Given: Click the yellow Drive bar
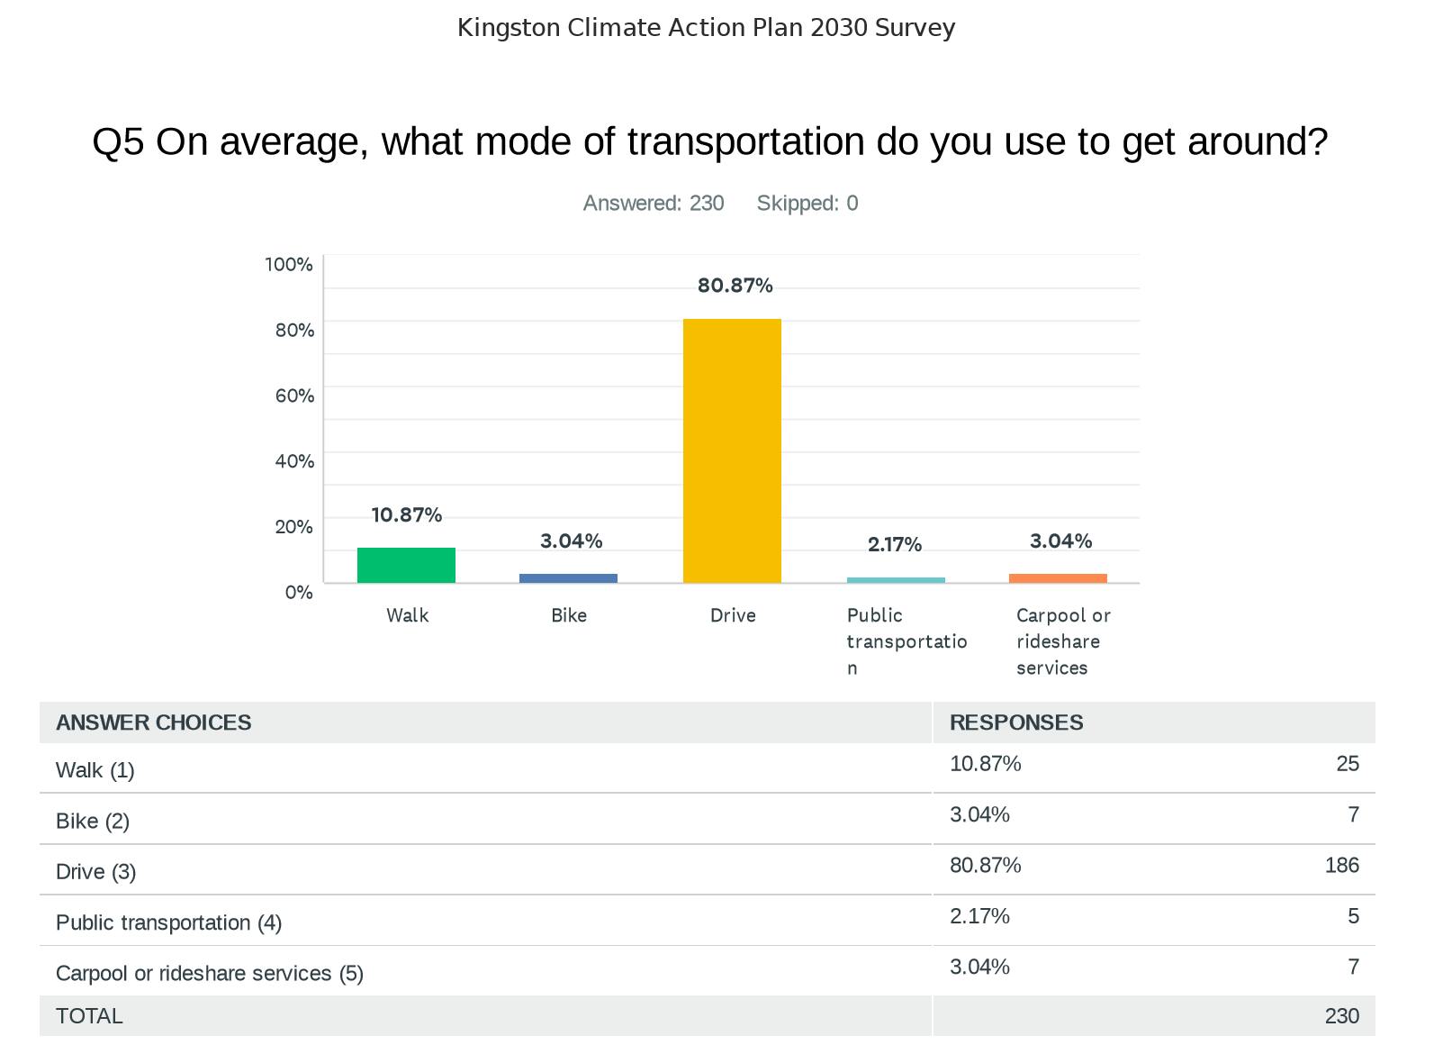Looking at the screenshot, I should (732, 450).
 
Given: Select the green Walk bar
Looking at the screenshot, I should (406, 565).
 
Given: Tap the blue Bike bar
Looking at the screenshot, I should (568, 578).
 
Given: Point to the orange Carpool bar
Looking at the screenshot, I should (1058, 578).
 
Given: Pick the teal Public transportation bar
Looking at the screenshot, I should (896, 580).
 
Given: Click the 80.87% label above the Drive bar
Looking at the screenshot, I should (735, 286).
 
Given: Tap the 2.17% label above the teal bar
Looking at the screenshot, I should (894, 544).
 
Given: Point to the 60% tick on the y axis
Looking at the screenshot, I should (294, 395).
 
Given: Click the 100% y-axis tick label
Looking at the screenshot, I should (289, 264).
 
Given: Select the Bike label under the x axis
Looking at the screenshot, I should (569, 615).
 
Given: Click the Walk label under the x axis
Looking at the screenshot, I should (408, 615).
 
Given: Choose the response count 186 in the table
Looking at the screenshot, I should (1341, 866).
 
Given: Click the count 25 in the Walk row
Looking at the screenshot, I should (1347, 764).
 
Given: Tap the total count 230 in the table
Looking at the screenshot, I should (1341, 1016).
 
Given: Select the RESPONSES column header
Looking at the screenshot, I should (1016, 722).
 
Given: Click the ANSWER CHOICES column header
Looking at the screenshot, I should (154, 722).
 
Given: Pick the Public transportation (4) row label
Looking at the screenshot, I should (168, 922).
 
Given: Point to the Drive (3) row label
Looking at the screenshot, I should (95, 872).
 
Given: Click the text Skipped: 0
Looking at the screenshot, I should (807, 204).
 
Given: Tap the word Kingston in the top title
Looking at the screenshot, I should (509, 28).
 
